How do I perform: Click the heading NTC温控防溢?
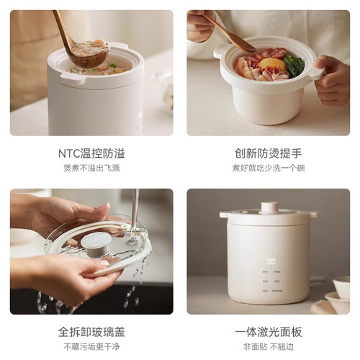pyautogui.click(x=91, y=153)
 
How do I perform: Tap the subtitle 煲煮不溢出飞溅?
pyautogui.click(x=91, y=168)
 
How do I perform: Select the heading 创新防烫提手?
pyautogui.click(x=269, y=153)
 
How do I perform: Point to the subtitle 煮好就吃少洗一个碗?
pyautogui.click(x=269, y=168)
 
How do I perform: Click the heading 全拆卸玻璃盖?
pyautogui.click(x=91, y=333)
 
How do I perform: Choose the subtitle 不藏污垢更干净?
pyautogui.click(x=91, y=347)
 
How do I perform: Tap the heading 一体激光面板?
pyautogui.click(x=269, y=333)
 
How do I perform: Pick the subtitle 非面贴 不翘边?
pyautogui.click(x=269, y=347)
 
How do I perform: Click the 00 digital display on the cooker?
pyautogui.click(x=271, y=261)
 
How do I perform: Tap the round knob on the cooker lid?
pyautogui.click(x=270, y=207)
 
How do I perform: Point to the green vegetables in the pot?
pyautogui.click(x=294, y=65)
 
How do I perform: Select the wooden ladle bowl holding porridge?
pyautogui.click(x=90, y=53)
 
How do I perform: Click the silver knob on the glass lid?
pyautogui.click(x=96, y=243)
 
